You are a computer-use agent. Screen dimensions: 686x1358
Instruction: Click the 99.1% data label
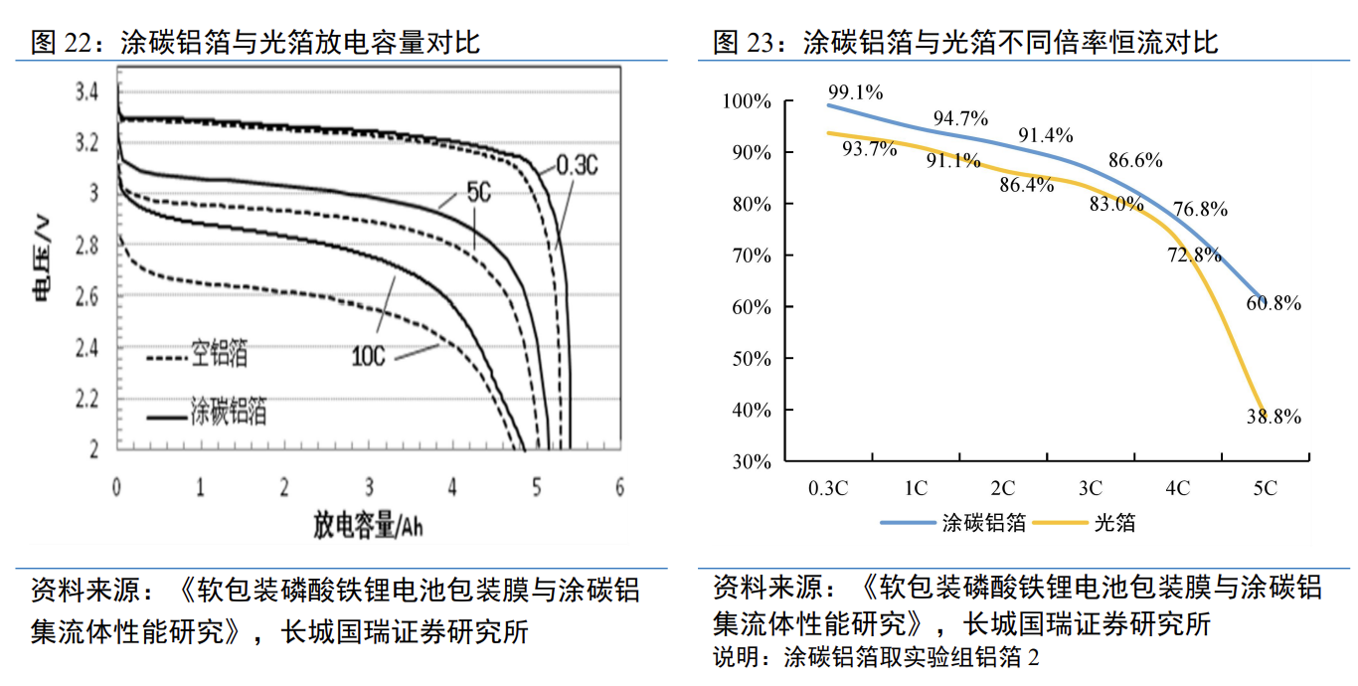855,92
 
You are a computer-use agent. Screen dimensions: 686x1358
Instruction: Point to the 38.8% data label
1273,418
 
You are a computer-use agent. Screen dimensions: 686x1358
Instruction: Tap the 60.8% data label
1273,303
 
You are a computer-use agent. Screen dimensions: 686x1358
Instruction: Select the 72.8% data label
1193,255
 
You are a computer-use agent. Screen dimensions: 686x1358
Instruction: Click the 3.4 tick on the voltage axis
87,93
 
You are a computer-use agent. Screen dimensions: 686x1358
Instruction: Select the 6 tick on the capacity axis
620,487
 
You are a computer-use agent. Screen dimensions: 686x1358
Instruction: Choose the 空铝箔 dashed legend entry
219,353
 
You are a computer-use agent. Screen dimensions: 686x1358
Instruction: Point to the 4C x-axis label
1178,488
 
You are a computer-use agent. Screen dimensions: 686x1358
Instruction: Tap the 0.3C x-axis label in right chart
828,488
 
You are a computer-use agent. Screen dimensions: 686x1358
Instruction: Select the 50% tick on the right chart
751,358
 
